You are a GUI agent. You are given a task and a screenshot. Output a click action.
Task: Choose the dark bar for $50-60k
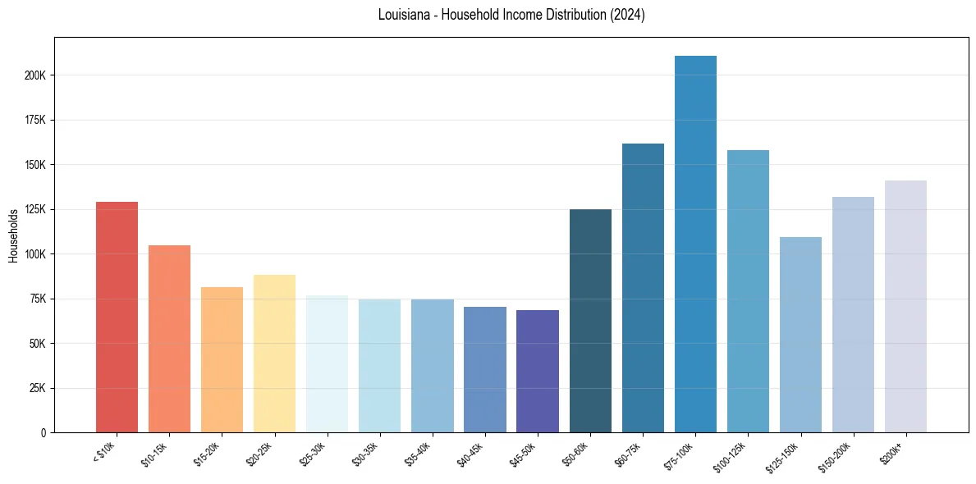tap(590, 321)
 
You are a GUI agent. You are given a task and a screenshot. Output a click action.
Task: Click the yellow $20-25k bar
tap(274, 353)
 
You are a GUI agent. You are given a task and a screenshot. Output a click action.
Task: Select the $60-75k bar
tap(643, 288)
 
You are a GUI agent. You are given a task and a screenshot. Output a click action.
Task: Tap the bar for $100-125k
tap(748, 291)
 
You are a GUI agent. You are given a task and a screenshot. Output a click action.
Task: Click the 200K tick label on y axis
tap(34, 75)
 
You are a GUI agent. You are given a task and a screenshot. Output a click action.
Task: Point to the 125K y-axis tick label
tap(34, 209)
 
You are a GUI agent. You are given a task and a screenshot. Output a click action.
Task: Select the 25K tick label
tap(37, 388)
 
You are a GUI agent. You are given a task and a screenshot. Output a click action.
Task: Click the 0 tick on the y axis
tap(44, 432)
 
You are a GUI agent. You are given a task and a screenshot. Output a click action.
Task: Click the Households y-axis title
tap(13, 235)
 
